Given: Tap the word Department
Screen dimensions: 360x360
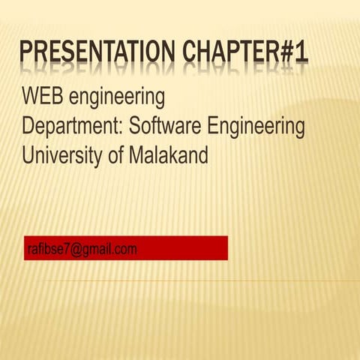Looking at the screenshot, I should [70, 128].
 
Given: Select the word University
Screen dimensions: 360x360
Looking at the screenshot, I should [60, 157].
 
